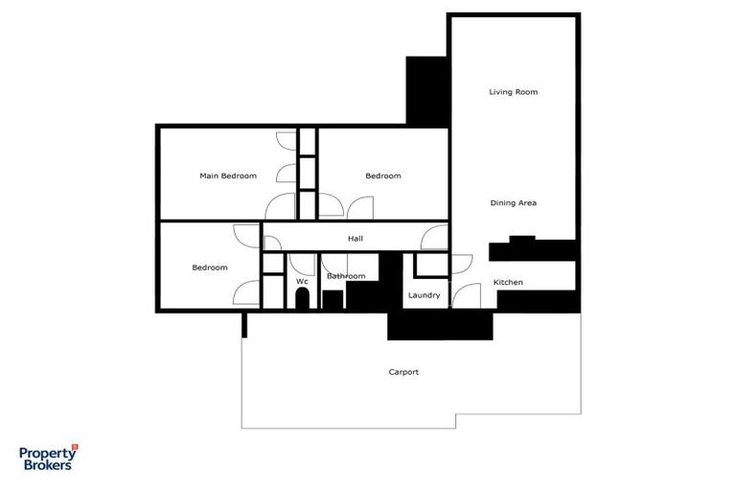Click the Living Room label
(x=513, y=92)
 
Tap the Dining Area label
(x=513, y=203)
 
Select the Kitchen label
(x=508, y=282)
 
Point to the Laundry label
(x=424, y=295)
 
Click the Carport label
(x=403, y=372)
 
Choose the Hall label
(x=355, y=239)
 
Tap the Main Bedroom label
(x=228, y=176)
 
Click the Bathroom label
(x=346, y=276)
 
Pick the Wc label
(x=301, y=281)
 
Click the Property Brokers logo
(x=48, y=458)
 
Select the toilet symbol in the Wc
(x=302, y=298)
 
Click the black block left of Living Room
(x=426, y=90)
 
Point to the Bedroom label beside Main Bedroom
(x=382, y=176)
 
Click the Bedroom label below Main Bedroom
(x=209, y=268)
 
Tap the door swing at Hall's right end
(x=435, y=238)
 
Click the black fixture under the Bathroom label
(x=333, y=299)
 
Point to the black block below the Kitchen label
(x=537, y=300)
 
